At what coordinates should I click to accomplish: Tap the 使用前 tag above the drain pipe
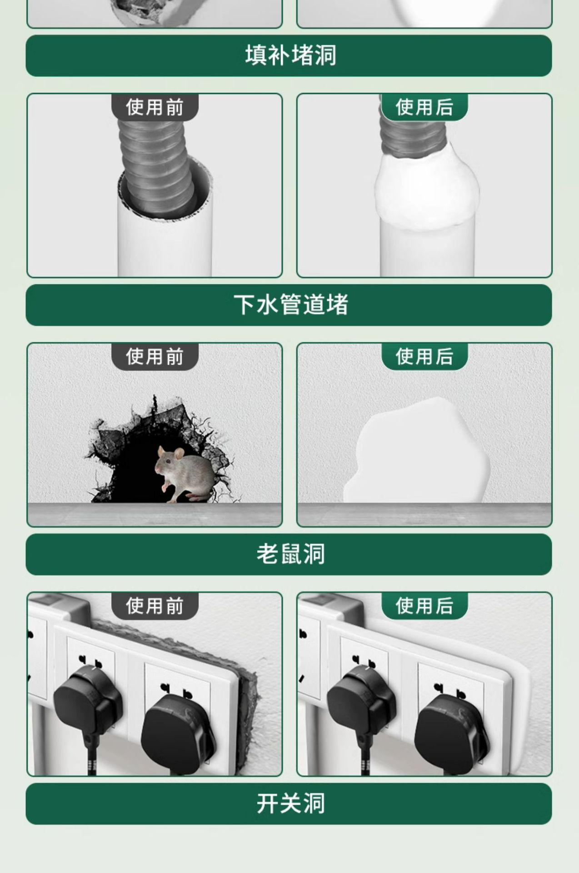[x=155, y=107]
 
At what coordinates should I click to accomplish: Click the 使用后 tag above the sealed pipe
[x=424, y=107]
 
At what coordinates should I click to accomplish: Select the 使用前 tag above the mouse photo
[x=155, y=356]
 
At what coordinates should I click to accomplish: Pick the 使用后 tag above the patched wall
[x=424, y=356]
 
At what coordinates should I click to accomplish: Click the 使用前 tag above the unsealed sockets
[x=155, y=606]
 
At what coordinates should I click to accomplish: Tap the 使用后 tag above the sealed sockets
[x=424, y=606]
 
